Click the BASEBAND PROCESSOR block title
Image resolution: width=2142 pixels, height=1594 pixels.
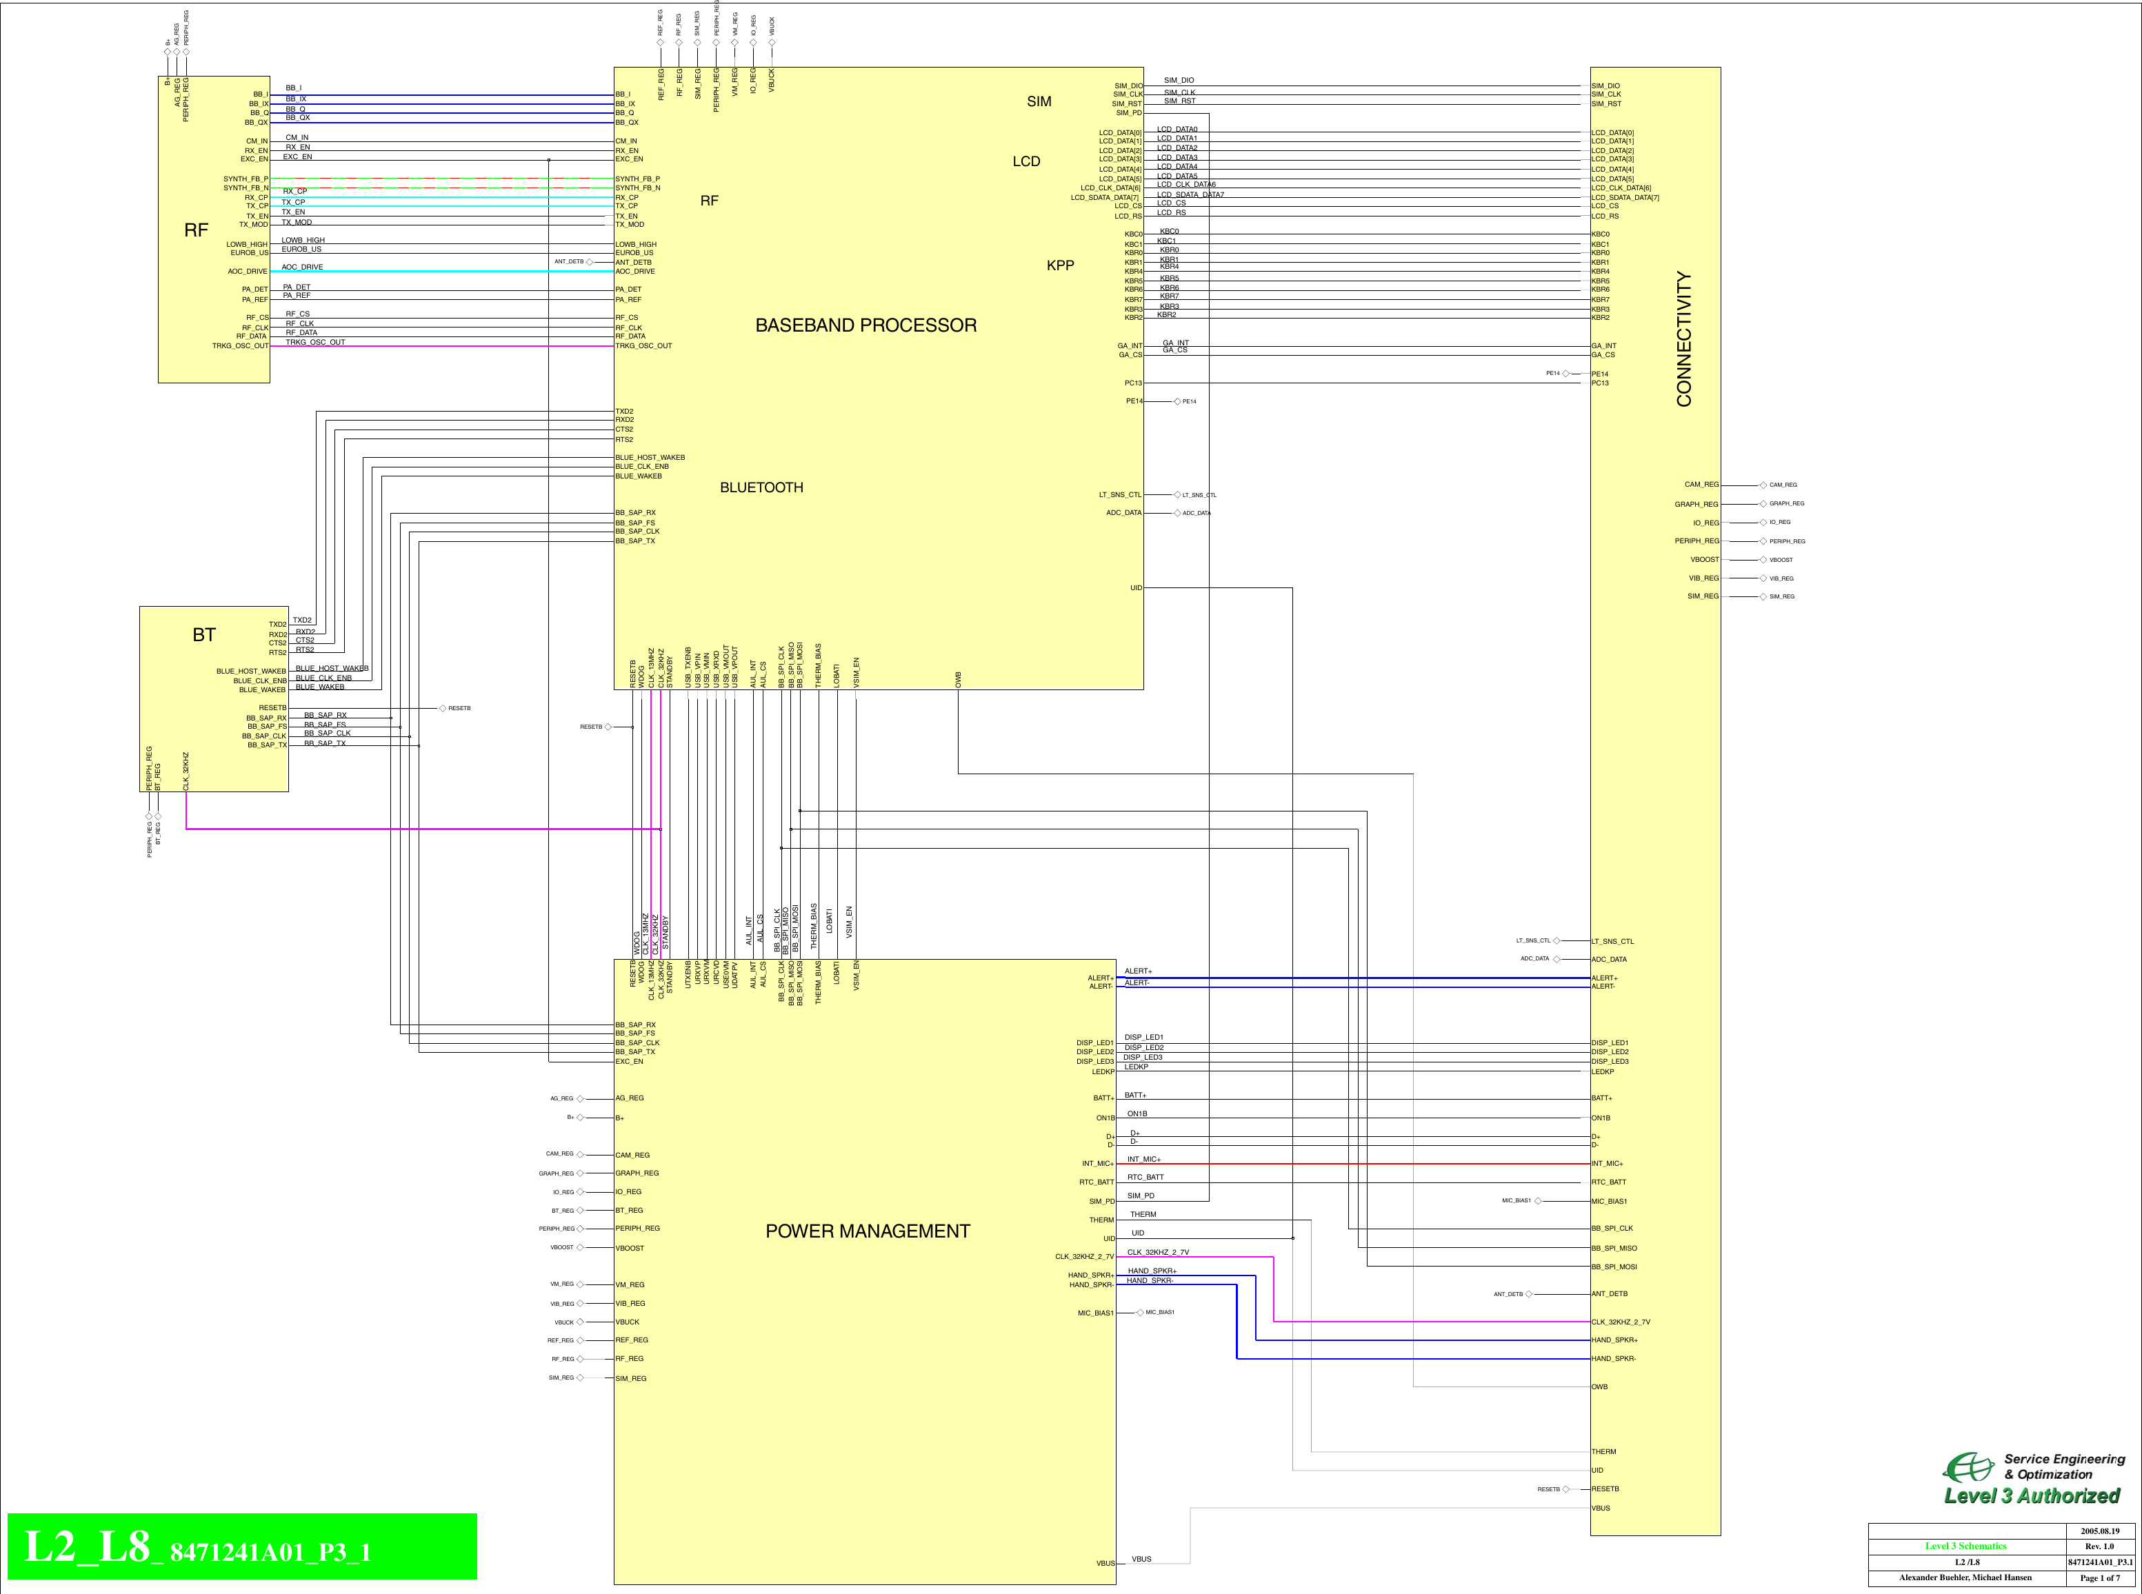pos(865,325)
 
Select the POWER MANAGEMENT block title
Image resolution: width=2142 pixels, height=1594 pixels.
pos(868,1231)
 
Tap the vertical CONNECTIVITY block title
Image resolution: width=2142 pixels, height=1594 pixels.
pos(1683,339)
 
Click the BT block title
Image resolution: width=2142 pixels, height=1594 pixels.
pos(203,635)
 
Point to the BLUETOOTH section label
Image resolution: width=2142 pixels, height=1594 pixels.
pos(761,487)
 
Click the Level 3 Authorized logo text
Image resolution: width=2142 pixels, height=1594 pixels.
pos(2031,1495)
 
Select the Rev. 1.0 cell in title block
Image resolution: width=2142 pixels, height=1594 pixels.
pos(2099,1546)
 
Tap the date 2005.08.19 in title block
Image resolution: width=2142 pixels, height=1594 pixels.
pos(2099,1531)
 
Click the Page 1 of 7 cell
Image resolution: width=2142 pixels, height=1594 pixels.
pos(2099,1577)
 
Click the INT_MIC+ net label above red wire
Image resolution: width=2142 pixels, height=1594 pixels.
pos(1143,1159)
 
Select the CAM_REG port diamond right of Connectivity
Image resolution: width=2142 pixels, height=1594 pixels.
pos(1763,485)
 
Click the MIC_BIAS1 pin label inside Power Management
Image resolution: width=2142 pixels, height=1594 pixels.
pos(1095,1313)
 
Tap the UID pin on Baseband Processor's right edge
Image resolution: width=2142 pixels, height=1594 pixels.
pos(1136,587)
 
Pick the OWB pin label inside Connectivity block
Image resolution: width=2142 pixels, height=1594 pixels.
pos(1600,1386)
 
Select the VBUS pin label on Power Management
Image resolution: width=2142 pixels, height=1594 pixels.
pos(1105,1563)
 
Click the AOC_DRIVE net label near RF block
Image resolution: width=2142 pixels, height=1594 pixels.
pos(302,268)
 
